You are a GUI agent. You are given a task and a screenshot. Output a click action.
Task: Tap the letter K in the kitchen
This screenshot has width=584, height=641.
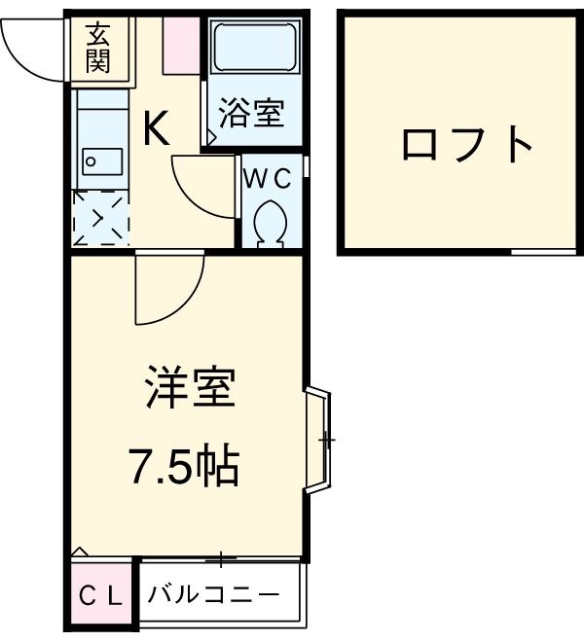click(158, 128)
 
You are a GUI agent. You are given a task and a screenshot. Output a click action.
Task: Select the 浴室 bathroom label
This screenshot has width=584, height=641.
click(251, 113)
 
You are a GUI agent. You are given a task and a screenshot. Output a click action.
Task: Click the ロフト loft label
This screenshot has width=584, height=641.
click(468, 145)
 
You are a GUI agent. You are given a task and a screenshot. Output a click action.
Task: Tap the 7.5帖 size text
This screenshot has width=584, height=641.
click(185, 468)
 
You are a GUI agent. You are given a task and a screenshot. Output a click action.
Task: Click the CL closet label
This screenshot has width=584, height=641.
click(100, 595)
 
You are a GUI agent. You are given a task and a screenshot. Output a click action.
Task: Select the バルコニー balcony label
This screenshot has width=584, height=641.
click(214, 594)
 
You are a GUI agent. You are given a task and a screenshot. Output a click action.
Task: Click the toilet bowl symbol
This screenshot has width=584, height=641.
click(269, 222)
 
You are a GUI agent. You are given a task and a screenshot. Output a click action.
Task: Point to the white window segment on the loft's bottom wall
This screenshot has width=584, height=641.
click(541, 252)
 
